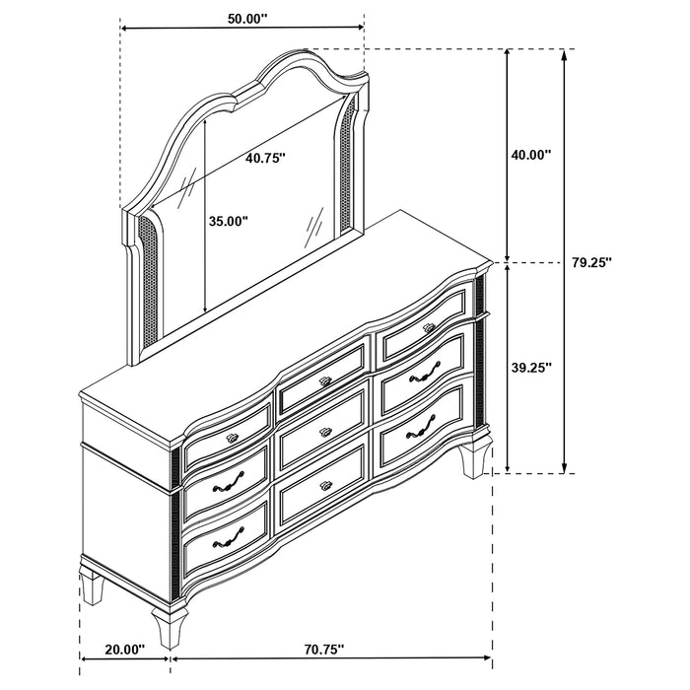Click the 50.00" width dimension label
click(241, 17)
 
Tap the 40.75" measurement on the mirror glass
click(266, 158)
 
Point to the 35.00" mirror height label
click(228, 222)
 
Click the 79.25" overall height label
click(592, 262)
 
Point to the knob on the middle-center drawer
click(323, 431)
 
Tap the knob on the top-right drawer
click(428, 326)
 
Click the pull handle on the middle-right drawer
click(425, 373)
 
